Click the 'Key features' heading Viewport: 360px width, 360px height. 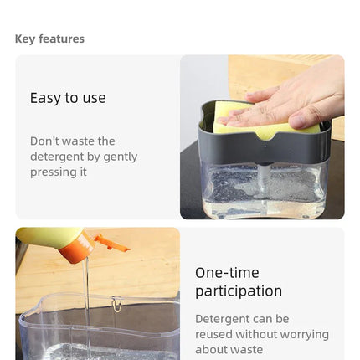click(49, 39)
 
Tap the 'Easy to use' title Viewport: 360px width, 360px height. click(68, 98)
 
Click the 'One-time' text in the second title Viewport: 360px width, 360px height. click(227, 273)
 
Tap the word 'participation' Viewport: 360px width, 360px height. click(239, 291)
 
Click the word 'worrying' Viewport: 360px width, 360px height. click(304, 335)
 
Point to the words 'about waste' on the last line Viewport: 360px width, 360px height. click(229, 350)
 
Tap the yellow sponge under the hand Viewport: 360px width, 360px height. click(251, 128)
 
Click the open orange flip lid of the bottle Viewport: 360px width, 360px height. click(111, 244)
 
